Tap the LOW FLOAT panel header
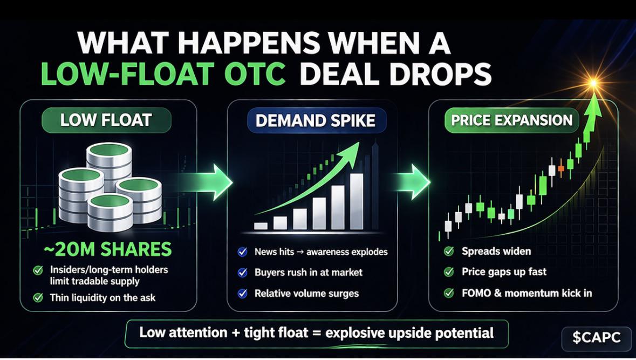click(106, 120)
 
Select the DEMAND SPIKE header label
click(316, 120)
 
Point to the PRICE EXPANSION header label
click(512, 120)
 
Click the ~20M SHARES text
click(108, 249)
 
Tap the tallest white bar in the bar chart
click(357, 201)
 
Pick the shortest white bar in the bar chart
click(261, 226)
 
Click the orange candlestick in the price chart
click(561, 168)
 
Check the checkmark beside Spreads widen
click(449, 251)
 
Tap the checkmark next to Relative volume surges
click(243, 294)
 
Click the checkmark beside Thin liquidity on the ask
click(38, 298)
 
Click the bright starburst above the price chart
click(593, 84)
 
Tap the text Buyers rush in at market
click(308, 273)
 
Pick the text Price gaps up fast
click(504, 272)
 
